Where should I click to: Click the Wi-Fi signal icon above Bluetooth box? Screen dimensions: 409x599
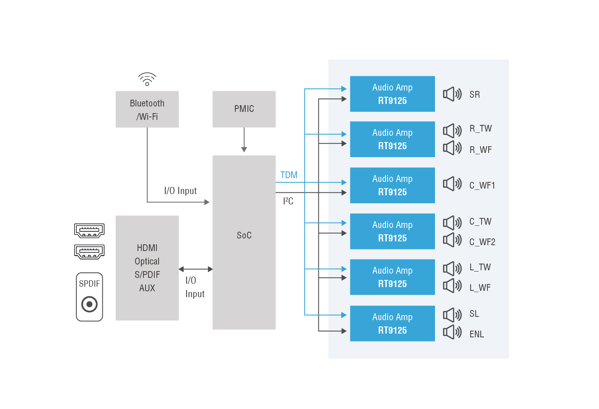[147, 79]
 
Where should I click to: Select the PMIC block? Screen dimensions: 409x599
[244, 109]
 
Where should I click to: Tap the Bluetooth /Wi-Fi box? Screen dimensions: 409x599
[147, 109]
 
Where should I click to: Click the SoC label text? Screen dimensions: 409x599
[244, 235]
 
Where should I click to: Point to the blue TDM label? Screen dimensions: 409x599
[289, 175]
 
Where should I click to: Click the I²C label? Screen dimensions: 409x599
[288, 201]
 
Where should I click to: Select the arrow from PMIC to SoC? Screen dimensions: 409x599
[244, 140]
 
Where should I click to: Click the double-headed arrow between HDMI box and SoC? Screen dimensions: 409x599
[195, 269]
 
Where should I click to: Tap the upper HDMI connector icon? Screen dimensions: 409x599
[89, 230]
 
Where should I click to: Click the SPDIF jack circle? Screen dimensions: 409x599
[89, 304]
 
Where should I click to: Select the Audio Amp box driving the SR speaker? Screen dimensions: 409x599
[392, 94]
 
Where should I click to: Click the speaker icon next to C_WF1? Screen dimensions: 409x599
[452, 184]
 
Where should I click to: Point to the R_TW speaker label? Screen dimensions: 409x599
[480, 129]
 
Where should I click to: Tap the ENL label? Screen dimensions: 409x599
[477, 334]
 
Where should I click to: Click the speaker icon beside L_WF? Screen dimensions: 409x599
[452, 286]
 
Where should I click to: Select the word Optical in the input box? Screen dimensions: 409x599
[147, 261]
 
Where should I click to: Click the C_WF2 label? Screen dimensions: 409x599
[482, 242]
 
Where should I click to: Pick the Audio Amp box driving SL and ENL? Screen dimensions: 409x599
[392, 324]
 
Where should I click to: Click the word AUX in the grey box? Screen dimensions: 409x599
[147, 288]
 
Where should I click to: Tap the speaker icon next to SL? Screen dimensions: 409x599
[452, 315]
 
